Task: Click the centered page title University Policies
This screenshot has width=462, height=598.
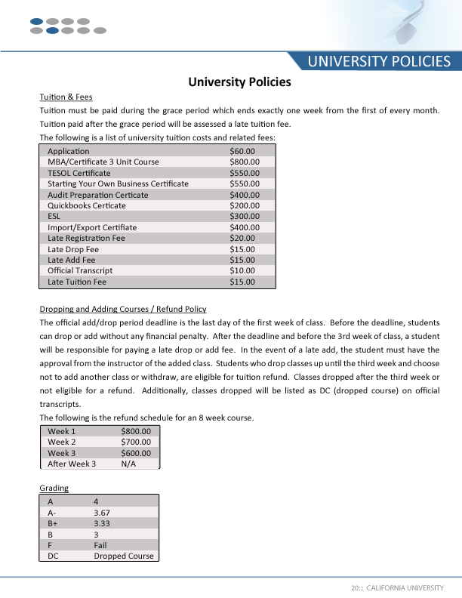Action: pos(239,82)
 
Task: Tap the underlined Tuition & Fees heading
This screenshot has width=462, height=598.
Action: pos(66,97)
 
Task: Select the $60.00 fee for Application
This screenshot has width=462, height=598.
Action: pos(243,151)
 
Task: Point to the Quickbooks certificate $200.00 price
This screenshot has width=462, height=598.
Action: pos(245,205)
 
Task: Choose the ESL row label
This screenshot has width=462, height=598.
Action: pos(54,216)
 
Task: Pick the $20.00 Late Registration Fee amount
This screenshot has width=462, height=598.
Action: pos(242,238)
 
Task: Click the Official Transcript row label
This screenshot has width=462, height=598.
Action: pos(80,270)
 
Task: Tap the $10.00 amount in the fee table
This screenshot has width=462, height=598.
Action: pos(242,270)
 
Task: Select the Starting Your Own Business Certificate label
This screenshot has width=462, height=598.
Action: pos(118,183)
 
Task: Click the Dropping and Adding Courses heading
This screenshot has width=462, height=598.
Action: pos(122,309)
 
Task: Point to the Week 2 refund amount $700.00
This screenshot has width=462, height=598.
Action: pos(136,442)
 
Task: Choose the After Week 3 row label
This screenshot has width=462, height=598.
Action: pos(72,464)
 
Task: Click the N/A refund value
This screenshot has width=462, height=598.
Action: pos(128,464)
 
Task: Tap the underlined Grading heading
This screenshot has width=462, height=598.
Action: pos(54,488)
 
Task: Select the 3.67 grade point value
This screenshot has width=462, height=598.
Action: pos(102,512)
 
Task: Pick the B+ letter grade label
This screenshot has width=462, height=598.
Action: pos(53,522)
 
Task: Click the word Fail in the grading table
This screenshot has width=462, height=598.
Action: pos(100,544)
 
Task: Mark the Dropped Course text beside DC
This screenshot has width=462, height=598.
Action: pos(124,556)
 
